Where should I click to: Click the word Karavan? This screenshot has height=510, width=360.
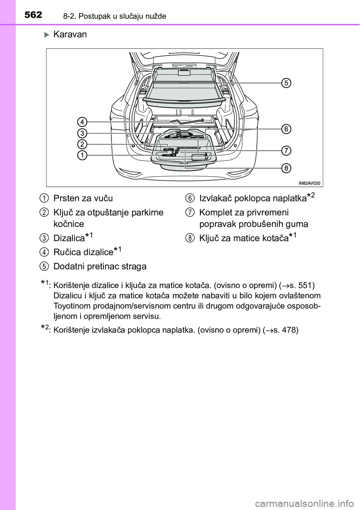click(x=70, y=34)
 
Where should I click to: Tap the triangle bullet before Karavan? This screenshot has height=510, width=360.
click(x=47, y=35)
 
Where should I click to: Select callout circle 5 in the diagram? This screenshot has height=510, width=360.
click(x=286, y=83)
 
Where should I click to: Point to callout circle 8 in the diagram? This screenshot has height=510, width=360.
click(x=286, y=168)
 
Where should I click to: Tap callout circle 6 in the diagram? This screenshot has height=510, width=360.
click(x=286, y=129)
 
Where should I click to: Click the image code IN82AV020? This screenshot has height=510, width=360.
click(x=310, y=183)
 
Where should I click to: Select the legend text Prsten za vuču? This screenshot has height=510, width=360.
click(x=83, y=198)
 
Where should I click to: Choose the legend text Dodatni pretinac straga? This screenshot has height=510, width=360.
click(x=100, y=266)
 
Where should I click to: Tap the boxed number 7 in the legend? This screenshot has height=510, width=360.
click(x=190, y=213)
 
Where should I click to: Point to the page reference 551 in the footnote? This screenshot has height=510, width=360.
click(x=303, y=284)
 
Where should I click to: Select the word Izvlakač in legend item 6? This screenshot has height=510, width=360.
click(x=215, y=198)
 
